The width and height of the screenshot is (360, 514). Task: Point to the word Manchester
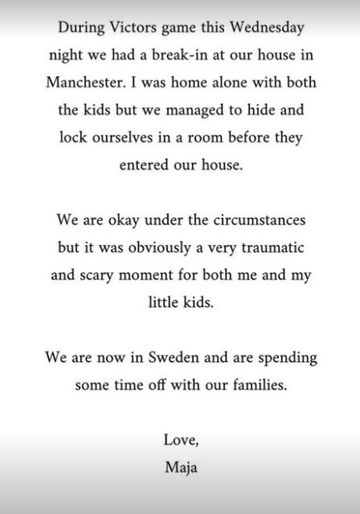(x=86, y=82)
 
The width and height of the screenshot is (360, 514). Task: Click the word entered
(x=140, y=166)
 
